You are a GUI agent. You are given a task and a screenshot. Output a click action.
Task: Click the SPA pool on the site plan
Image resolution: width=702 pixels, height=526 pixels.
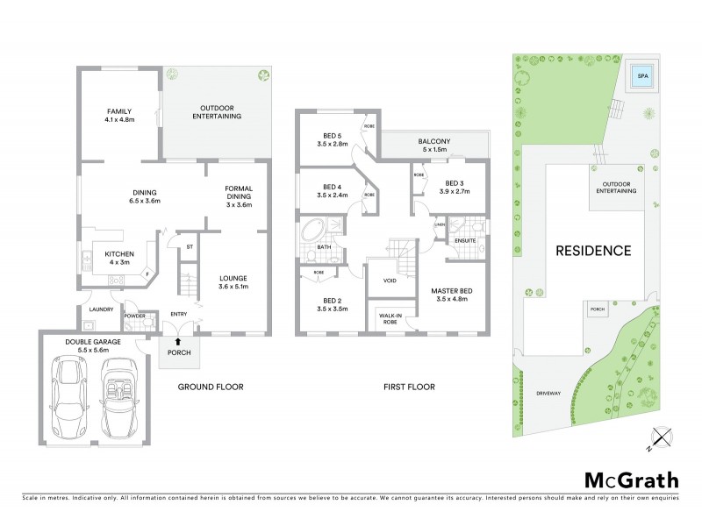click(x=643, y=75)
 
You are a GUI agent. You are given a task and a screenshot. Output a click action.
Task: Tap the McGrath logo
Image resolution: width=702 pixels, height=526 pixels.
click(x=631, y=480)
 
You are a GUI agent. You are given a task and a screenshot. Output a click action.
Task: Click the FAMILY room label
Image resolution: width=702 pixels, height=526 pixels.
click(x=119, y=111)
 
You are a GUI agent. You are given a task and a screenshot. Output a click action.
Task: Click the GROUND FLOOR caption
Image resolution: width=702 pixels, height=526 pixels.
click(x=211, y=387)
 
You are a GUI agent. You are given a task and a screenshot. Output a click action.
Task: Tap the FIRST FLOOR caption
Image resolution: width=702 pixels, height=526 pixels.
click(x=408, y=387)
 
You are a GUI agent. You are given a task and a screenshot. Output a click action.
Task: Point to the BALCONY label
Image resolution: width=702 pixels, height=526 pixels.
click(x=434, y=141)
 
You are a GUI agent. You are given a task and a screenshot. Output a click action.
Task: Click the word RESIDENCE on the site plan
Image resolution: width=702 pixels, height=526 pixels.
click(x=593, y=251)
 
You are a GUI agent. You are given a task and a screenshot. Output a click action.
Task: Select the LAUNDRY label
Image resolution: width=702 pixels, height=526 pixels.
click(x=102, y=309)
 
